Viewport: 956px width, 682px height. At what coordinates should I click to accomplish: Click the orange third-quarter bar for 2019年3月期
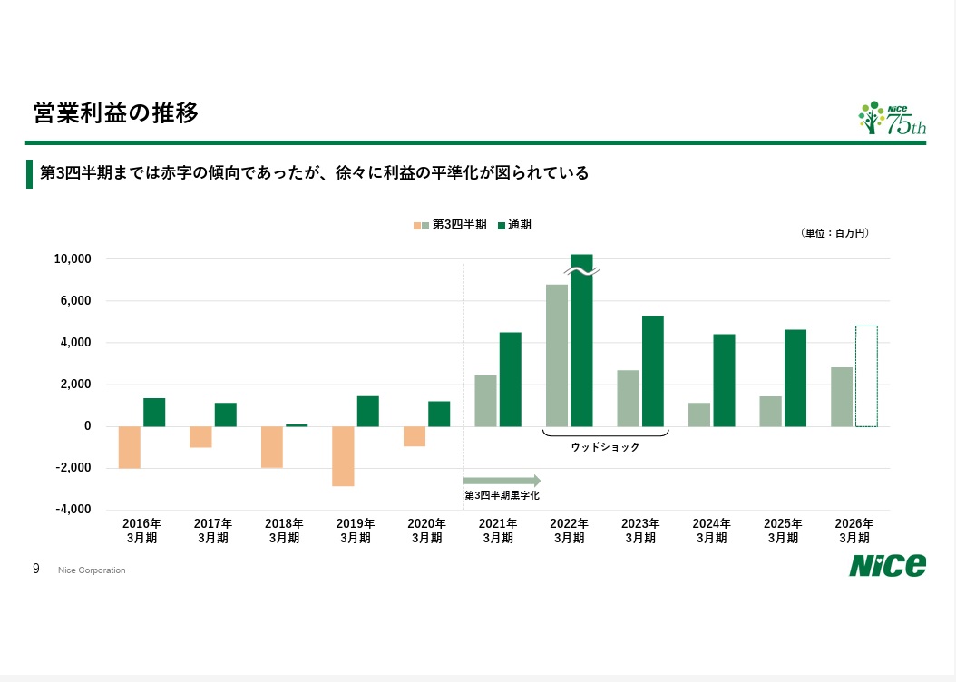coord(343,456)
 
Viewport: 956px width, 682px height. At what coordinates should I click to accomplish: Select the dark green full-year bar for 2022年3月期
coord(581,340)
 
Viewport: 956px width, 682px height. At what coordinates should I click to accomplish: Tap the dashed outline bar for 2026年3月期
coord(866,376)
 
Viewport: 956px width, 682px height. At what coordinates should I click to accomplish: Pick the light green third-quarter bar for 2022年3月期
coord(557,356)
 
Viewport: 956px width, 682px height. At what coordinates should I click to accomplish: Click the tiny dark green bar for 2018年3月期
coord(297,425)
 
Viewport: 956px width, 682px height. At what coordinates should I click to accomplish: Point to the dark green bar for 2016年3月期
coord(154,412)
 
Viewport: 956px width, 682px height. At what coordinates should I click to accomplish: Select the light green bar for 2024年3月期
coord(699,414)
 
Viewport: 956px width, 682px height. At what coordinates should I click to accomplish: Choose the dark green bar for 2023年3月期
coord(653,371)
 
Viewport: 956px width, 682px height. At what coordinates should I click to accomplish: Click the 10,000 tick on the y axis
coord(73,259)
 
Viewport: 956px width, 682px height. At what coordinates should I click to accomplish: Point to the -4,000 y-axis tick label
coord(73,509)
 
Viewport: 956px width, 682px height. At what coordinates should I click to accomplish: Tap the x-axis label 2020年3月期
coord(427,531)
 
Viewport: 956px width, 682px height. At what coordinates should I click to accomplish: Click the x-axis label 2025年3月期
coord(783,531)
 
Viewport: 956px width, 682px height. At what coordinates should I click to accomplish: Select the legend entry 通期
coord(514,225)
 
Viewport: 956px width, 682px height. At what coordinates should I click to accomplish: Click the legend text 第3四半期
coord(459,225)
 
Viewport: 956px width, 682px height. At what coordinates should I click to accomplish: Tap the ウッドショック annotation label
coord(605,447)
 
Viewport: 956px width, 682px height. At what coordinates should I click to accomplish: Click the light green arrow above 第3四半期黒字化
coord(502,481)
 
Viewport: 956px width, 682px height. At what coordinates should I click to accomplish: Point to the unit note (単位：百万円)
coord(834,233)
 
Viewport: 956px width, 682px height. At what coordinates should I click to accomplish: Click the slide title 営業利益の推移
coord(116,112)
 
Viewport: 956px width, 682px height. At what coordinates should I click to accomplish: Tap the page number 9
coord(36,569)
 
